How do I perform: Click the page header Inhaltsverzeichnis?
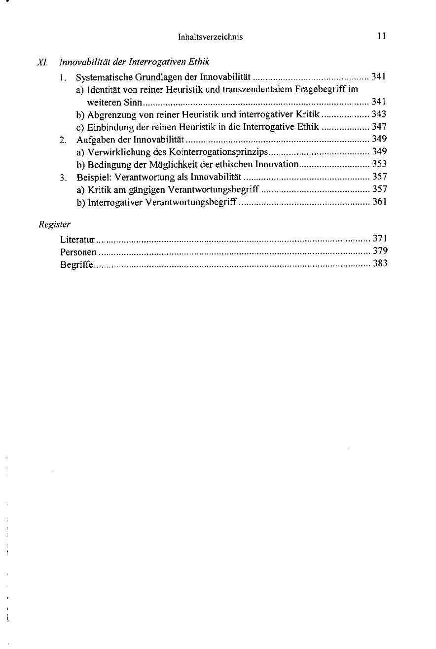point(210,37)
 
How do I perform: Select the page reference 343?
point(379,114)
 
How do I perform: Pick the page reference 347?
point(379,127)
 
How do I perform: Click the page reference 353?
point(379,164)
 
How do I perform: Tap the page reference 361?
point(379,202)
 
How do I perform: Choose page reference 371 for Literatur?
point(379,239)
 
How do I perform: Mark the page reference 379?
point(379,252)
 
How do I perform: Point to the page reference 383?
point(379,264)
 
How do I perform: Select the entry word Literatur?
point(77,240)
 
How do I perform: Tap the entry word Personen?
point(78,252)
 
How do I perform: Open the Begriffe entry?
point(76,264)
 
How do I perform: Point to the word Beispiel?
point(91,177)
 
